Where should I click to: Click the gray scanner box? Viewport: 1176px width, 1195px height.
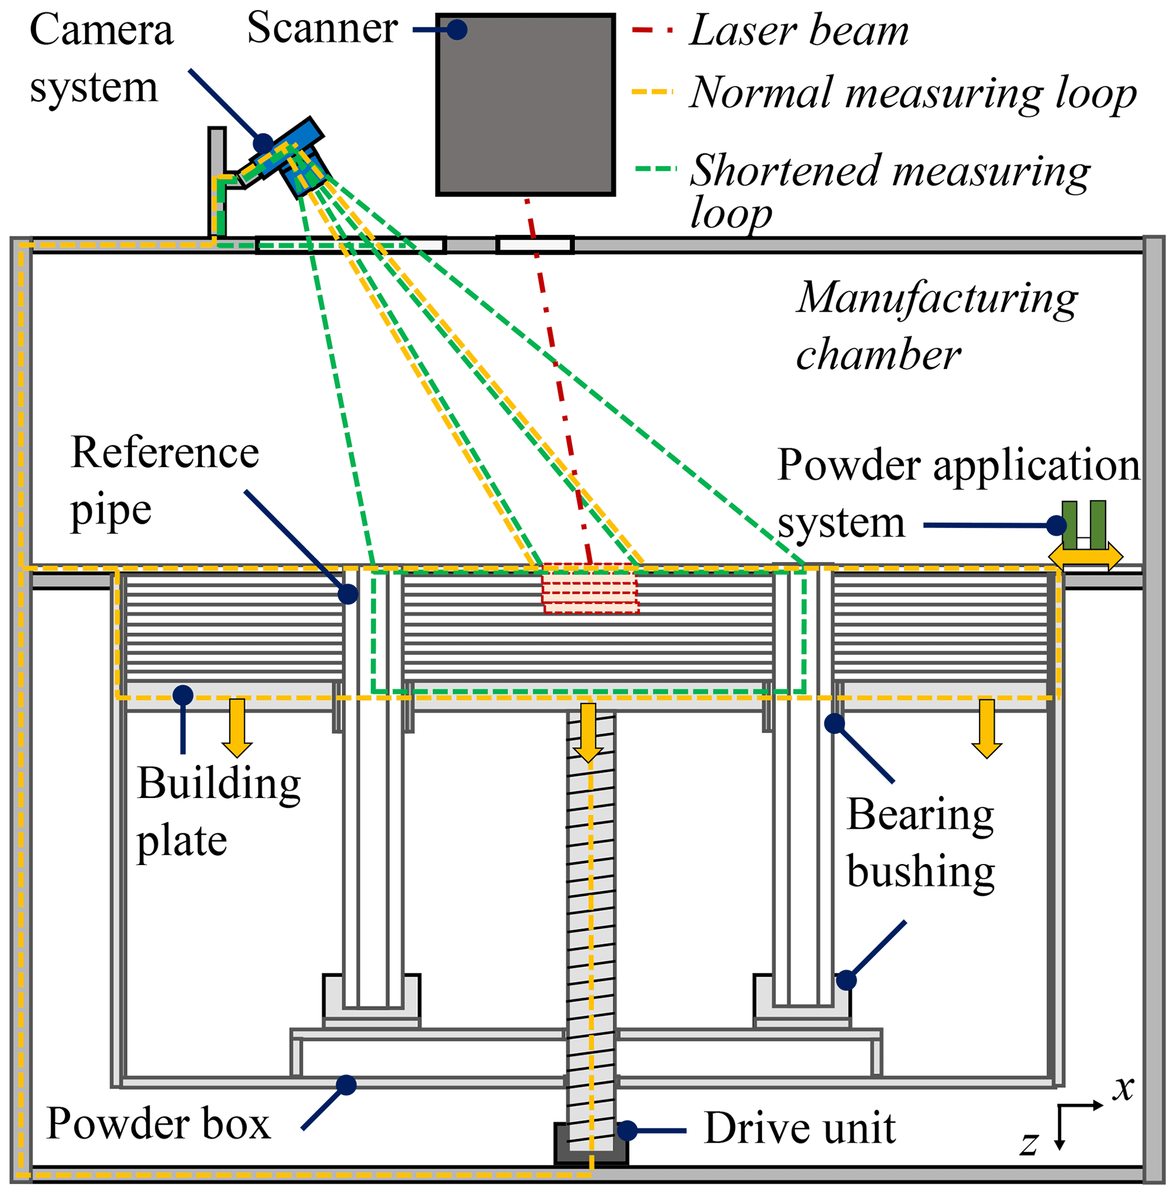coord(525,105)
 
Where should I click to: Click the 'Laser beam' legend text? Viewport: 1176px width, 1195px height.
coord(799,31)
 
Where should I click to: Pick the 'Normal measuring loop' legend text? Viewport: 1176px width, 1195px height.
coord(912,93)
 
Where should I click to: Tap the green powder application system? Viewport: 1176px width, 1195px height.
coord(1083,525)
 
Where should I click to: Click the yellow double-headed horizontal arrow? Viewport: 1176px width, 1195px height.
coord(1085,557)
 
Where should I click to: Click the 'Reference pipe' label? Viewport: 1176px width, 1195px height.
coord(164,481)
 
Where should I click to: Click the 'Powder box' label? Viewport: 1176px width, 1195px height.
coord(158,1123)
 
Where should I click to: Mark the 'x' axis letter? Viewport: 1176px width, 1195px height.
coord(1124,1088)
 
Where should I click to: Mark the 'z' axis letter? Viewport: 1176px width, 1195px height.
coord(1029,1142)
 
